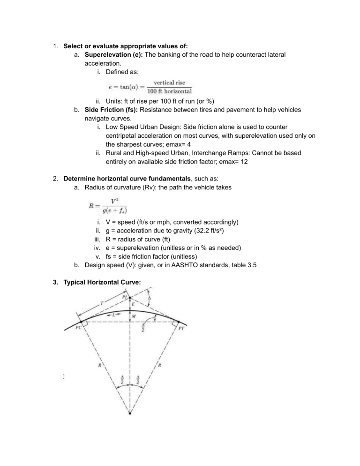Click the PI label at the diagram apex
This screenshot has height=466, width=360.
coord(125,297)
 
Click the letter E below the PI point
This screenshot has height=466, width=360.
coord(133,304)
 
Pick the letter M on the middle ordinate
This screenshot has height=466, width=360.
coord(134,317)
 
